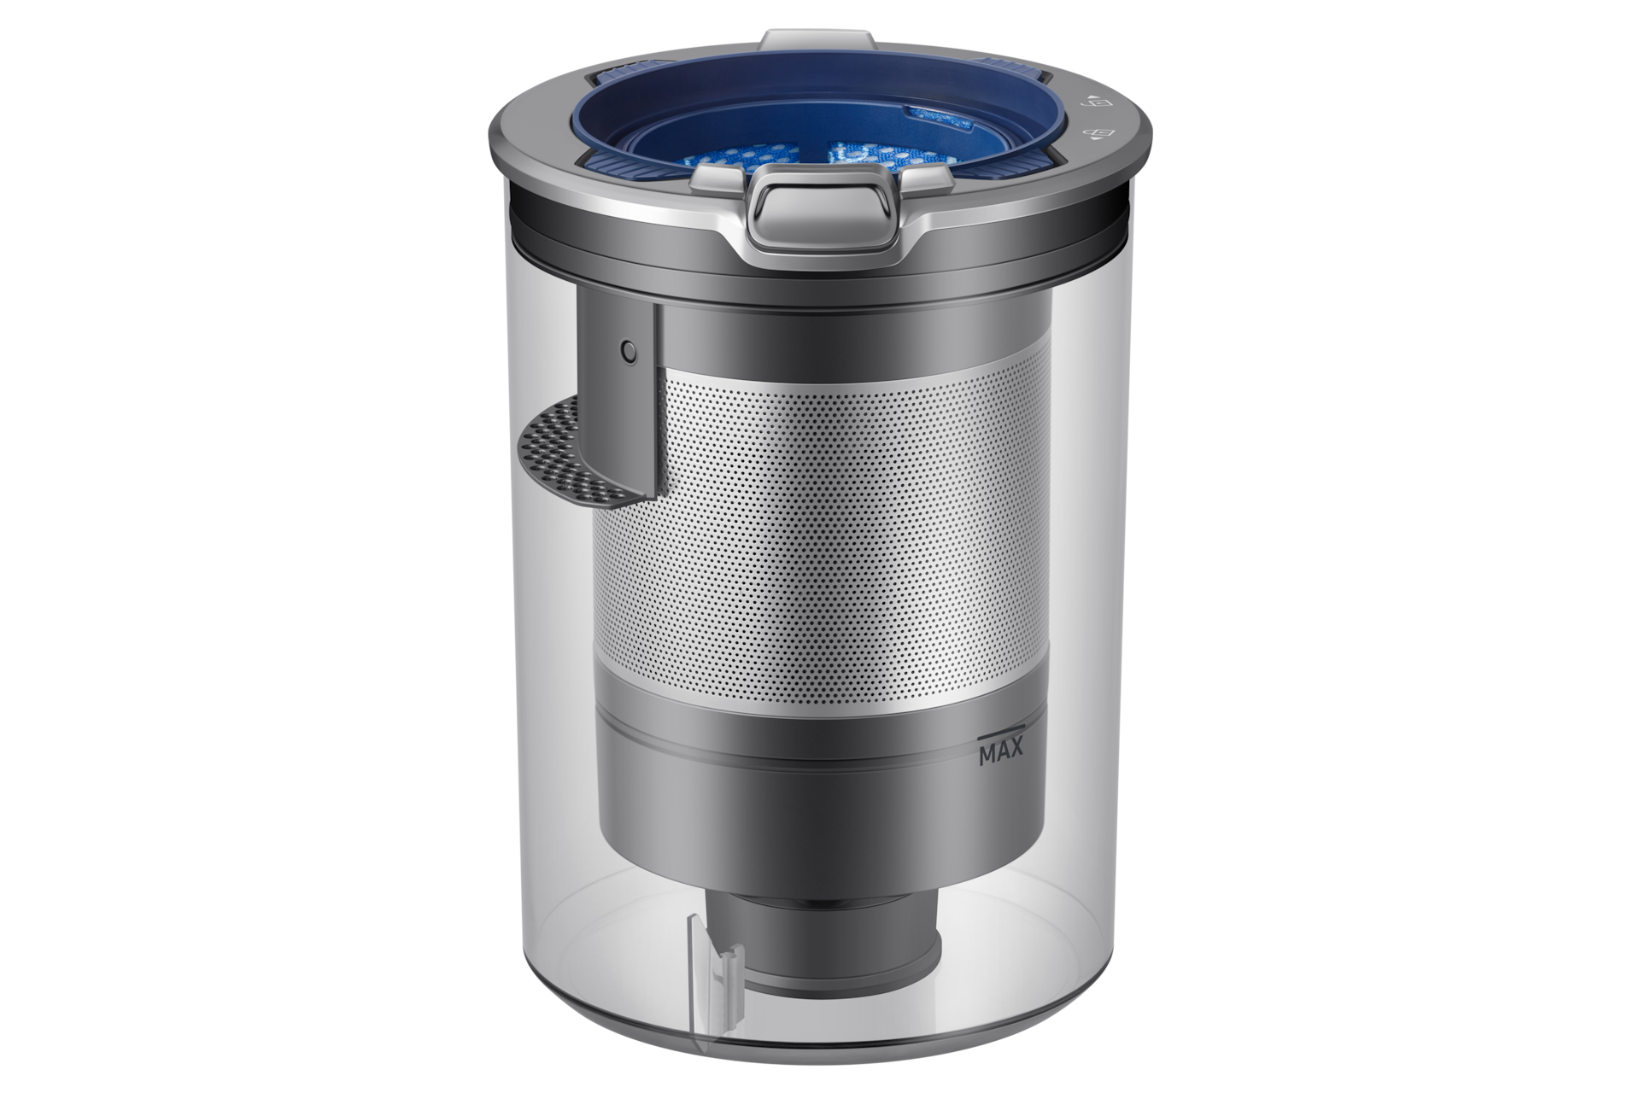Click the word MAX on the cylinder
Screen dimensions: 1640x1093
(1000, 755)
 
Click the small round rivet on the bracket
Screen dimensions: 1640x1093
(629, 350)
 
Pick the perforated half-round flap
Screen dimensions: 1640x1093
(576, 458)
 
